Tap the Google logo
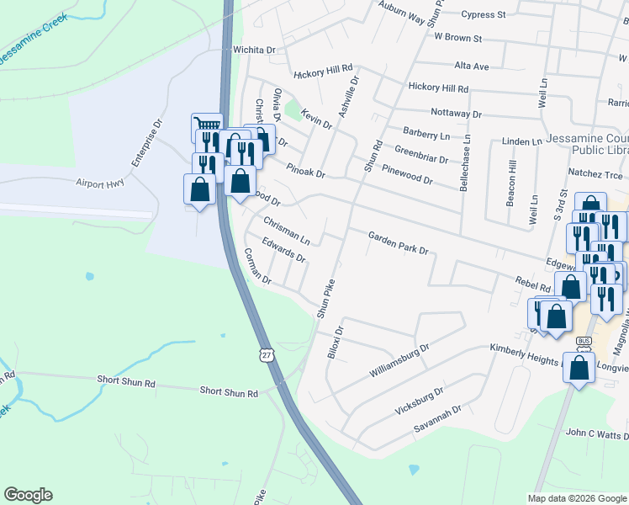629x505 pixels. (x=28, y=495)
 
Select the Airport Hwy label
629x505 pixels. (x=99, y=182)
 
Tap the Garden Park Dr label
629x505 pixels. (x=398, y=244)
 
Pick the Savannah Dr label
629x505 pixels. (x=437, y=418)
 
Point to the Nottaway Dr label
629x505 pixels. (x=455, y=114)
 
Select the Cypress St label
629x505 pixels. (x=483, y=15)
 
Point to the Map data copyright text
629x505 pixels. (x=577, y=498)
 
